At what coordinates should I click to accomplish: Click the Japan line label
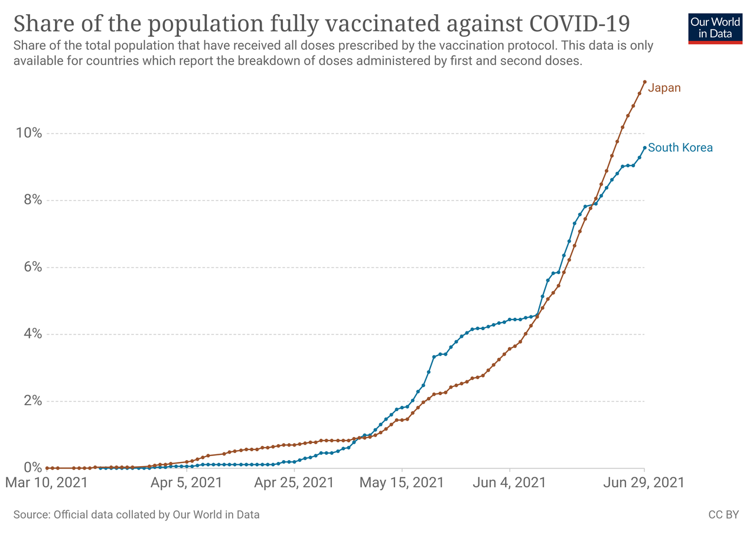point(664,88)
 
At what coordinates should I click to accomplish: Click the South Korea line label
point(680,148)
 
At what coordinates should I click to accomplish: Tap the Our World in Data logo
point(715,29)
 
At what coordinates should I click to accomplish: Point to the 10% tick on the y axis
point(29,133)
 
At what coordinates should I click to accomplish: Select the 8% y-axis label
point(32,200)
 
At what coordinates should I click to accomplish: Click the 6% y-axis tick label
point(32,267)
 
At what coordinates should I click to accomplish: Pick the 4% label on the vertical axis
point(32,334)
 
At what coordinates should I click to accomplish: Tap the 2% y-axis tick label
point(32,400)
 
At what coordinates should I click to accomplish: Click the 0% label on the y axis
point(32,467)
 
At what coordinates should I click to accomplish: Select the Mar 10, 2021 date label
point(47,483)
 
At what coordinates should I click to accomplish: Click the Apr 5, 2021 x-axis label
point(186,483)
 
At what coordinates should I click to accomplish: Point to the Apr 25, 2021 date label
point(294,483)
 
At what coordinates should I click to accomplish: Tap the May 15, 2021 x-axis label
point(402,483)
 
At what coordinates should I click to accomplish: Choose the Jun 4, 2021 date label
point(509,483)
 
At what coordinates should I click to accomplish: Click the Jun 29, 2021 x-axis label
point(644,483)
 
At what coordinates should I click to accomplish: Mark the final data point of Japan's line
point(644,82)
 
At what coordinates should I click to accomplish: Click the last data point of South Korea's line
point(644,148)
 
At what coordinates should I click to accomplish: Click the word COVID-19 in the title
point(579,23)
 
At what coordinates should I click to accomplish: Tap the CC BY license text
point(724,515)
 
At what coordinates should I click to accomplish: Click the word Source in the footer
point(32,515)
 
